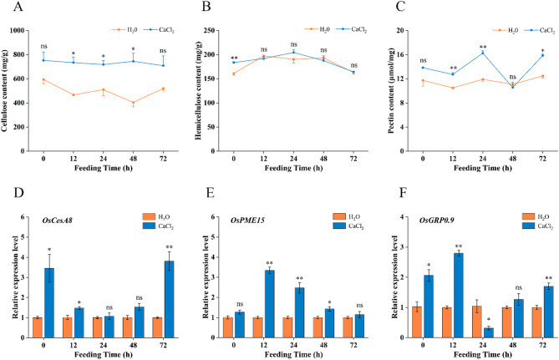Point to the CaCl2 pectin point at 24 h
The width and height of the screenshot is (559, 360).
pos(482,53)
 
